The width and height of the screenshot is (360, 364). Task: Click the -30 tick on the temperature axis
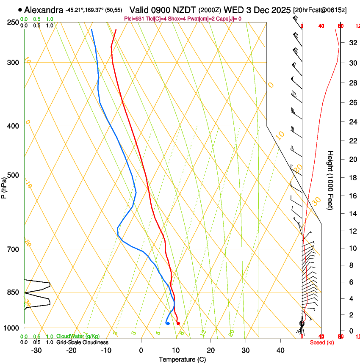[x=37, y=350]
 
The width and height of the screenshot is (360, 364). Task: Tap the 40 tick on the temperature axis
[x=280, y=350]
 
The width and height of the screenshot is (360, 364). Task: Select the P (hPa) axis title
[x=4, y=187]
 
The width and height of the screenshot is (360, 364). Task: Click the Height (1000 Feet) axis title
[x=331, y=180]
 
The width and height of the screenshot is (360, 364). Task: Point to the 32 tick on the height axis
[x=352, y=43]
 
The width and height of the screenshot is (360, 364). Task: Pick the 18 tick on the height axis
[x=352, y=178]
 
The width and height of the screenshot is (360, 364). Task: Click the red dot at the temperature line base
[x=178, y=324]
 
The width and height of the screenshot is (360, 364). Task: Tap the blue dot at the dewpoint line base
[x=168, y=324]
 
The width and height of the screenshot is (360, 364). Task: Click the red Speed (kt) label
[x=322, y=342]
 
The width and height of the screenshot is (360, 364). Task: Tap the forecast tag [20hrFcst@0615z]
[x=320, y=10]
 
